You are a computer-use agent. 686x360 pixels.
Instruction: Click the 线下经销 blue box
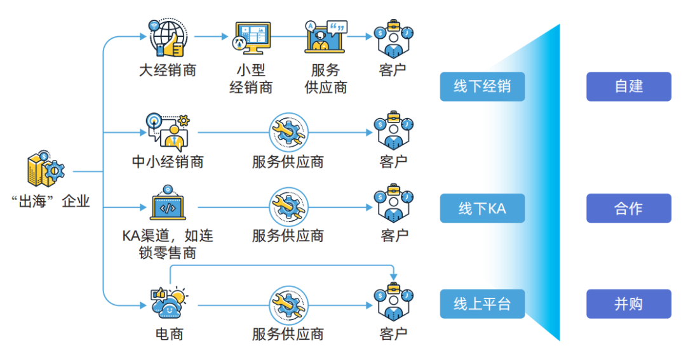coord(482,86)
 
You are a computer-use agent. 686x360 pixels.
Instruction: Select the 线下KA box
coord(482,208)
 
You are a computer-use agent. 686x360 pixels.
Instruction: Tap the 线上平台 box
coord(482,304)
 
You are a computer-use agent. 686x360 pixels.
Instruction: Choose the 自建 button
coord(628,86)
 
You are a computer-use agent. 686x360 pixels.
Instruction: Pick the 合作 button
coord(628,208)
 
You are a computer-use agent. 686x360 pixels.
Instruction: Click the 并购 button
coord(628,304)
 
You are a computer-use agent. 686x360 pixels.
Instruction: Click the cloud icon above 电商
coord(168,304)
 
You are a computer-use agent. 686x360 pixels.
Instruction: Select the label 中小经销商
coord(168,162)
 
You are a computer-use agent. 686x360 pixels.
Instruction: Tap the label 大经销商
coord(168,70)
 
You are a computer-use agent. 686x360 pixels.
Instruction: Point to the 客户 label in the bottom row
coord(393,333)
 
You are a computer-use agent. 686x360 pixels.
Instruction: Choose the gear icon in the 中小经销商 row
coord(288,133)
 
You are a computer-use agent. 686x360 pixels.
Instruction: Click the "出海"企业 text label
coord(51,202)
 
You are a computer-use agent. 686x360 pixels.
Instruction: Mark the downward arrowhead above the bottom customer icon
coord(394,276)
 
